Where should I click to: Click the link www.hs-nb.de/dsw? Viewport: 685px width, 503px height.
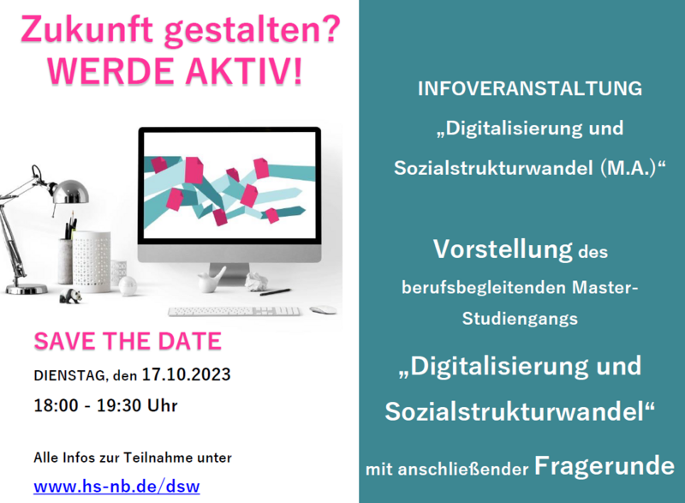(116, 487)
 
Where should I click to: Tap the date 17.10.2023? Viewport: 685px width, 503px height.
(186, 374)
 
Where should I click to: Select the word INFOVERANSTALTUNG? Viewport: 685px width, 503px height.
(530, 89)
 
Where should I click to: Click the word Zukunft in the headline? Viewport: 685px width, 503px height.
(87, 30)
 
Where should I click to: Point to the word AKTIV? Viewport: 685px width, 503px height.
(244, 71)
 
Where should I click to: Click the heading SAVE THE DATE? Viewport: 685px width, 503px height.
(128, 341)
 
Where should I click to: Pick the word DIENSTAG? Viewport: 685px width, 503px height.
(70, 375)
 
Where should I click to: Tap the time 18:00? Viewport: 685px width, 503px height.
(56, 405)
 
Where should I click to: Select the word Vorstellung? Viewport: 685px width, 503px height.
(503, 250)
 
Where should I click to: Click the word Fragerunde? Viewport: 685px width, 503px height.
(605, 466)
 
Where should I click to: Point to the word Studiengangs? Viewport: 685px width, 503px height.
(520, 319)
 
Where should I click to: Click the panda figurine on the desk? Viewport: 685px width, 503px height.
(71, 296)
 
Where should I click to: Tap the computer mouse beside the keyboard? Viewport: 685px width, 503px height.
(324, 310)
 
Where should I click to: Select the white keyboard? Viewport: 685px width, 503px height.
(235, 311)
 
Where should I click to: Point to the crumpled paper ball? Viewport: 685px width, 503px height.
(256, 281)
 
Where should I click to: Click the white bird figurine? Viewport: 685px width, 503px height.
(211, 279)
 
